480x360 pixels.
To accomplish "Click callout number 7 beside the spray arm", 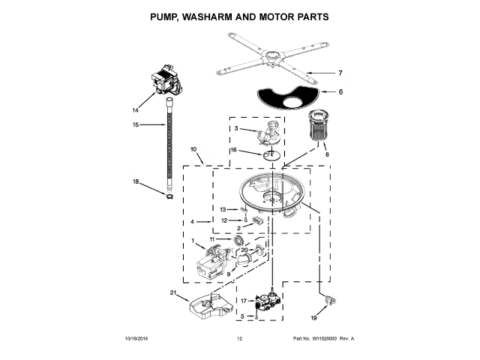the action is click(340, 73).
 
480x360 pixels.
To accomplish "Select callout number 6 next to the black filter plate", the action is click(340, 91).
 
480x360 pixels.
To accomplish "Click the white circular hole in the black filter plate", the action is click(293, 102).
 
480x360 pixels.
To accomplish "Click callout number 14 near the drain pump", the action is click(135, 110).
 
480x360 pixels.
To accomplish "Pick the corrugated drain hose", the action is click(169, 145).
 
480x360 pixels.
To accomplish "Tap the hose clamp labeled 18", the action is click(169, 196).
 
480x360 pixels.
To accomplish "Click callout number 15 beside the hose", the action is click(136, 124).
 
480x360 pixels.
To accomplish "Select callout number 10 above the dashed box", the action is click(193, 149).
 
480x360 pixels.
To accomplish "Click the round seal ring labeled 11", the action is click(238, 240).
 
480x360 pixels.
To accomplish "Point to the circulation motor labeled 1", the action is click(212, 262).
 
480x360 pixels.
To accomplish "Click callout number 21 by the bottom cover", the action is click(173, 293).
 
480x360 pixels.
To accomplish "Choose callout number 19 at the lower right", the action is click(313, 318).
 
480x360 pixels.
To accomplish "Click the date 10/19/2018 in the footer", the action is click(136, 339).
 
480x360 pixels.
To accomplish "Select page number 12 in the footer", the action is click(240, 339).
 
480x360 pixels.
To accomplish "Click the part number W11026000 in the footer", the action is click(324, 339).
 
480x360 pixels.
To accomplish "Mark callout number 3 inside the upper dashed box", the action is click(236, 128).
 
